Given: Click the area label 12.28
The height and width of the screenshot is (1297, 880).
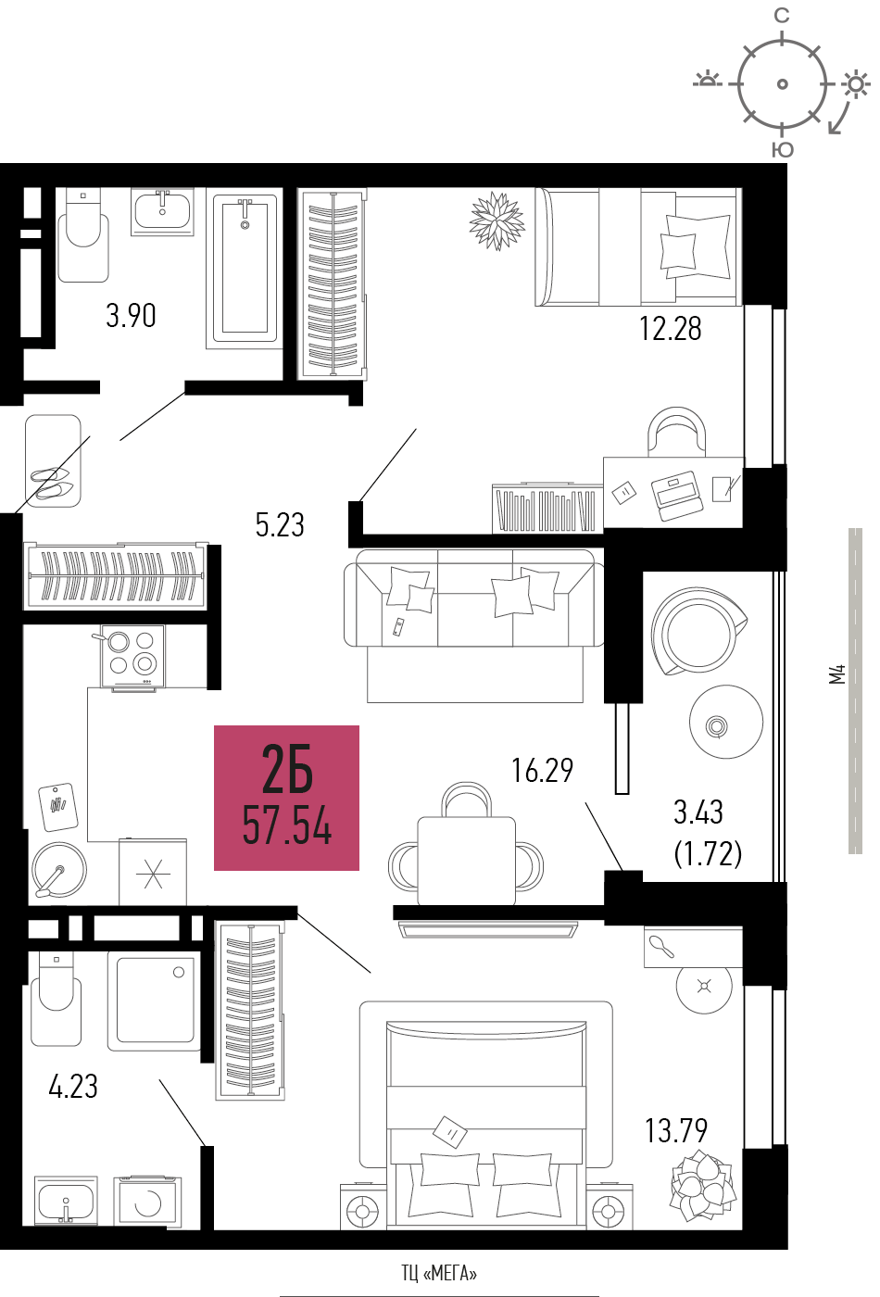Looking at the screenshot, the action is click(670, 328).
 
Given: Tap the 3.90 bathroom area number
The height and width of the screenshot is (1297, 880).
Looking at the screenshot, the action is click(131, 316).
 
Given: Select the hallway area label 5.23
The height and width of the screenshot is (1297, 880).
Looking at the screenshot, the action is click(280, 524).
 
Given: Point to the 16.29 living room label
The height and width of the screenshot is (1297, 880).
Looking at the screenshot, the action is click(542, 770).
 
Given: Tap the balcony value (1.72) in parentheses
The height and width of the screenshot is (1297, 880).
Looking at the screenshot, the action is click(708, 853).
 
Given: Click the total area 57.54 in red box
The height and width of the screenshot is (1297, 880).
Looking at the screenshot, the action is click(286, 826).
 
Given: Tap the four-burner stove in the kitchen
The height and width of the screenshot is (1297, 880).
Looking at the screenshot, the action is click(132, 657).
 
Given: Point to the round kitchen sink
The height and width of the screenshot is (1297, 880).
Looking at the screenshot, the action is click(58, 870).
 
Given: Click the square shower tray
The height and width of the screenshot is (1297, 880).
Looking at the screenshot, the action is click(154, 1000).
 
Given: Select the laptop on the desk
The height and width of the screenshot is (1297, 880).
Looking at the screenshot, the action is click(677, 495).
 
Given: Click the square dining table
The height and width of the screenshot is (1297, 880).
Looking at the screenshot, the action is click(466, 861).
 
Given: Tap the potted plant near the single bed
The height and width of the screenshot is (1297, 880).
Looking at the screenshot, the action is click(497, 220).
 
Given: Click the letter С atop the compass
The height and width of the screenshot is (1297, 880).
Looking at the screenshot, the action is click(782, 16).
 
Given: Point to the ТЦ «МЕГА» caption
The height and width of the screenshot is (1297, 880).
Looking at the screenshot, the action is click(439, 1273).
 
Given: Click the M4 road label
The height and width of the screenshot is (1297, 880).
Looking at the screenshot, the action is click(837, 674).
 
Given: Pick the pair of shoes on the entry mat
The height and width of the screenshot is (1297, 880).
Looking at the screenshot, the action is click(52, 484).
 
